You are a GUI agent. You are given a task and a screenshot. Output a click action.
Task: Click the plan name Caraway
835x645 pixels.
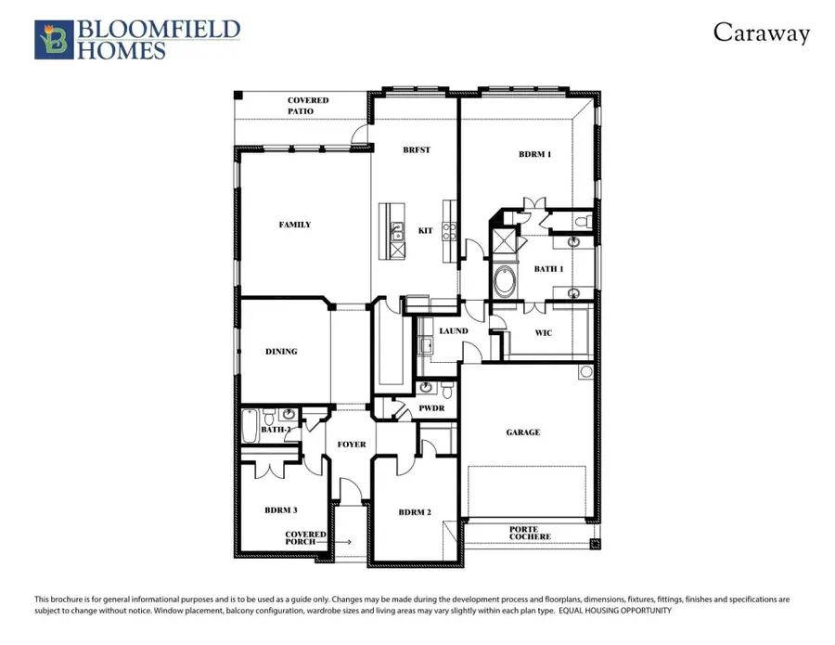tap(761, 33)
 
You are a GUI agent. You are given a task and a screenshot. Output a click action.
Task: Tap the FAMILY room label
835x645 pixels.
tap(295, 225)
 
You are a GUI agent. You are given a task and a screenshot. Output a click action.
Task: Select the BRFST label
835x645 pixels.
tap(417, 149)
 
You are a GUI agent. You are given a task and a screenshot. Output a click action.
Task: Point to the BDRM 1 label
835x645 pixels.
tap(534, 154)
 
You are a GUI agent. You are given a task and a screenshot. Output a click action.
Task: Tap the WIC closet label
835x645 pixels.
tap(544, 332)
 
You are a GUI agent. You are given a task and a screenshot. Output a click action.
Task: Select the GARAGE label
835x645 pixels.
tap(522, 432)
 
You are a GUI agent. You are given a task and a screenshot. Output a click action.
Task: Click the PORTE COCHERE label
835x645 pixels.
tap(531, 533)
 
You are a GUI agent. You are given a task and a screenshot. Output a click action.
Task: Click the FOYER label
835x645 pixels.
tap(352, 445)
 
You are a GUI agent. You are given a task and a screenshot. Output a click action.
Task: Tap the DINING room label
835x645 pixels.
tap(281, 352)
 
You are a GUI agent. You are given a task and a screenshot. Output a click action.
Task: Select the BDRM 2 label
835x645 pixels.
tap(415, 512)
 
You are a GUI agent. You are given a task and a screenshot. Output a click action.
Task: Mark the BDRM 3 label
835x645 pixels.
tap(281, 510)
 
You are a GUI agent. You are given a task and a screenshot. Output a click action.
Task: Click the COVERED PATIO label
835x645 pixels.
tap(307, 106)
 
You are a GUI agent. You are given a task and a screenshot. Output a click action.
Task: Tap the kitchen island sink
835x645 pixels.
tap(396, 228)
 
